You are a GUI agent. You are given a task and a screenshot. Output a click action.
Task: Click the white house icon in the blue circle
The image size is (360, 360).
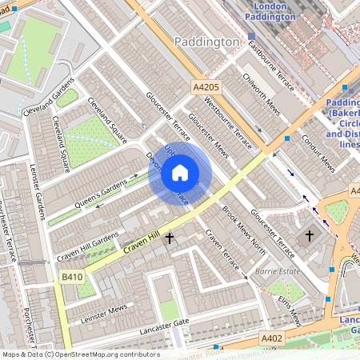click(x=180, y=173)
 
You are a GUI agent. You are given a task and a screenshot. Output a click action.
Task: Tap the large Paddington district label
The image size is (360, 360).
click(x=205, y=41)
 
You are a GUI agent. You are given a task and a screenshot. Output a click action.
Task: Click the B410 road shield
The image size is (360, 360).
click(x=73, y=276)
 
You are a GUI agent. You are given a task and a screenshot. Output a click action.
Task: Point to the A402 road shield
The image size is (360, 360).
click(x=272, y=338)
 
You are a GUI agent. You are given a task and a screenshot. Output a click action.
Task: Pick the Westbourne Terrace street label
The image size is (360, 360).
click(x=228, y=124)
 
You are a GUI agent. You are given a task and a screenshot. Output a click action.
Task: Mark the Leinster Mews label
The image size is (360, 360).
click(x=104, y=313)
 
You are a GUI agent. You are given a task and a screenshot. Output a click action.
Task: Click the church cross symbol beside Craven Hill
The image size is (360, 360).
click(x=169, y=238)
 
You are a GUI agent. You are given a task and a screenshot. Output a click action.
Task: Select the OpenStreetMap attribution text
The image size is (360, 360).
click(x=80, y=354)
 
